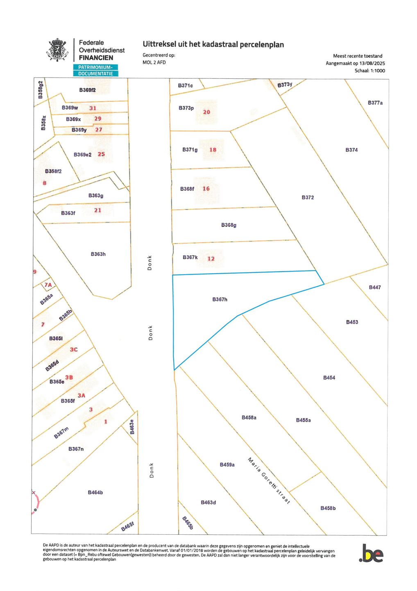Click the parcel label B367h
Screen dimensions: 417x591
(220, 300)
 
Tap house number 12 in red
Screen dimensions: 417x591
(211, 259)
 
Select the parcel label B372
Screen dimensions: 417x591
(308, 197)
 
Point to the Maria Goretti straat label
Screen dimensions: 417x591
(269, 481)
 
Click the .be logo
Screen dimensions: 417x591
(371, 554)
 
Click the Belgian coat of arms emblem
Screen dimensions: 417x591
(57, 50)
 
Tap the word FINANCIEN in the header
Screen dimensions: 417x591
(96, 58)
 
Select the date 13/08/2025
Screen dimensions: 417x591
(372, 63)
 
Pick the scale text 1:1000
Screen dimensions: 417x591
(377, 71)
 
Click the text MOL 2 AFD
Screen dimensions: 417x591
(154, 62)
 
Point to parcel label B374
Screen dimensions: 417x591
(351, 150)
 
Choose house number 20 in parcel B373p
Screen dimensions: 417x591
(206, 112)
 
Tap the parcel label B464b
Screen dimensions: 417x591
(95, 492)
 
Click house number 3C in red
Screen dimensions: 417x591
(73, 350)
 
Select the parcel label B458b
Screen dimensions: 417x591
(328, 508)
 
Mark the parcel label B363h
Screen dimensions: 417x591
(98, 254)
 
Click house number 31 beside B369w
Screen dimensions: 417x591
(93, 108)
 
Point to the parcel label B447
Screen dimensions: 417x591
(374, 287)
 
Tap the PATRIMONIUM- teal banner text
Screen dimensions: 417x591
(95, 67)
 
